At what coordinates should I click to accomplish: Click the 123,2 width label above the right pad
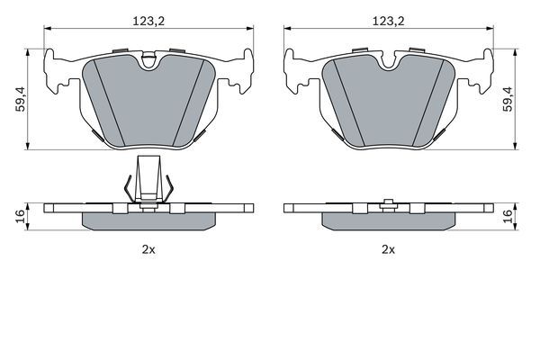click(x=389, y=16)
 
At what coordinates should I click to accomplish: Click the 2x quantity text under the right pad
click(x=389, y=249)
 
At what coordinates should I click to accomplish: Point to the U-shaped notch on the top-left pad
click(x=148, y=61)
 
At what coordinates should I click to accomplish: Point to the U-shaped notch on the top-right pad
click(x=389, y=61)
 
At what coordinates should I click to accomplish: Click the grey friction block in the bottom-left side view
click(x=148, y=220)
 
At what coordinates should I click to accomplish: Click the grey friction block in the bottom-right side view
click(x=389, y=220)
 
